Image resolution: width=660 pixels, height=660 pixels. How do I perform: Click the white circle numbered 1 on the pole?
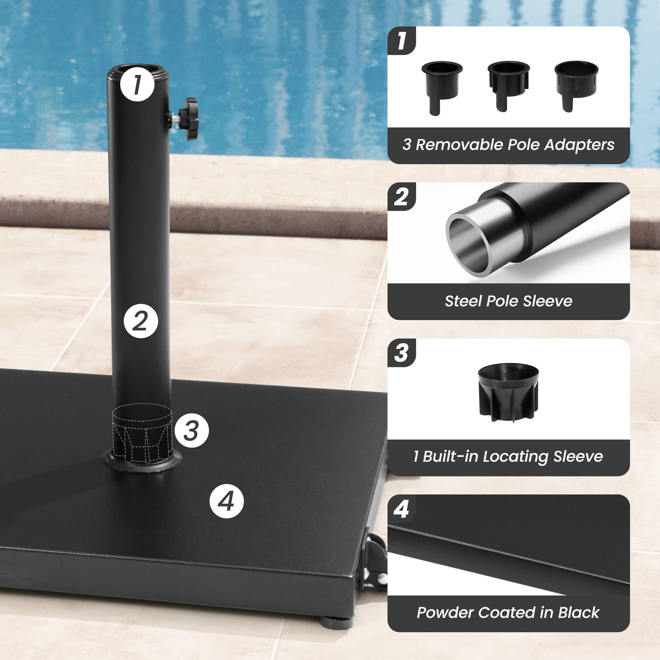(137, 84)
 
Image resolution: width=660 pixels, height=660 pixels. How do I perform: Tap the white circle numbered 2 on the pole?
(140, 321)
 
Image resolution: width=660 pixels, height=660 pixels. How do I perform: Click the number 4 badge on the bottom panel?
(401, 510)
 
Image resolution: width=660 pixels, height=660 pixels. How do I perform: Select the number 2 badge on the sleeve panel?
(401, 197)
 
